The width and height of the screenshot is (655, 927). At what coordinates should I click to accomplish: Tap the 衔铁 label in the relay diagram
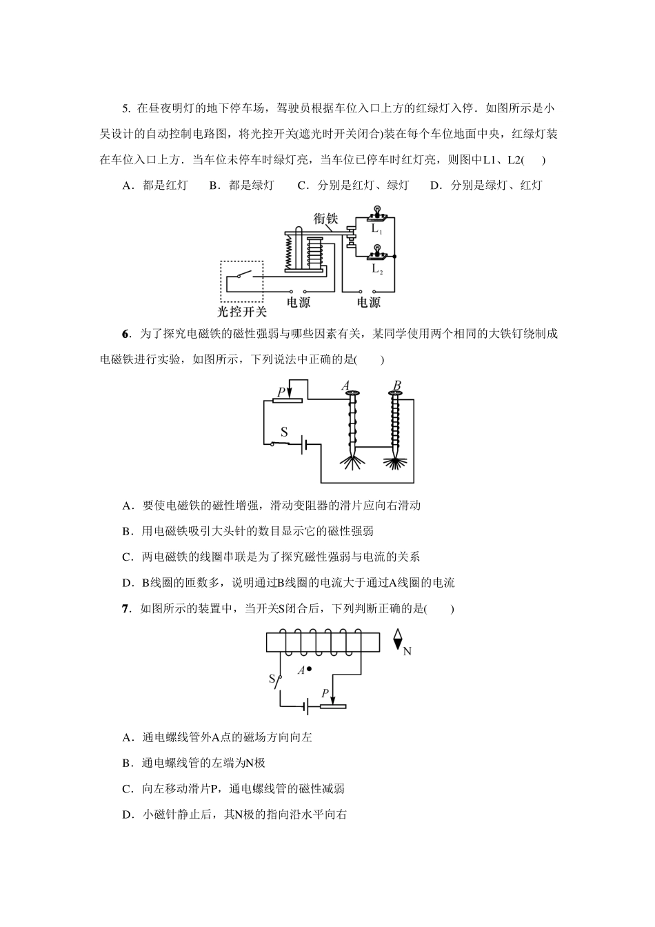point(326,218)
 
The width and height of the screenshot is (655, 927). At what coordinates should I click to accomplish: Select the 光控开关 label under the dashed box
point(241,311)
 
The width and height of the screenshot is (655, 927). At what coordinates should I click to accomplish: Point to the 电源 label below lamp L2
point(368,302)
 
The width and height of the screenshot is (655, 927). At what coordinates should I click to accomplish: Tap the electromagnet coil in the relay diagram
point(316,252)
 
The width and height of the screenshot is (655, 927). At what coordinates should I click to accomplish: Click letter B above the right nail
point(397,386)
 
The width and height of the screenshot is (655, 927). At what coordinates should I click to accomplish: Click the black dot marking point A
point(310,668)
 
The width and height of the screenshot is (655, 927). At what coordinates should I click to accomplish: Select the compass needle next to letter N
point(398,639)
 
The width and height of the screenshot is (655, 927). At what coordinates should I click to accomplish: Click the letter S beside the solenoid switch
point(271,679)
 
